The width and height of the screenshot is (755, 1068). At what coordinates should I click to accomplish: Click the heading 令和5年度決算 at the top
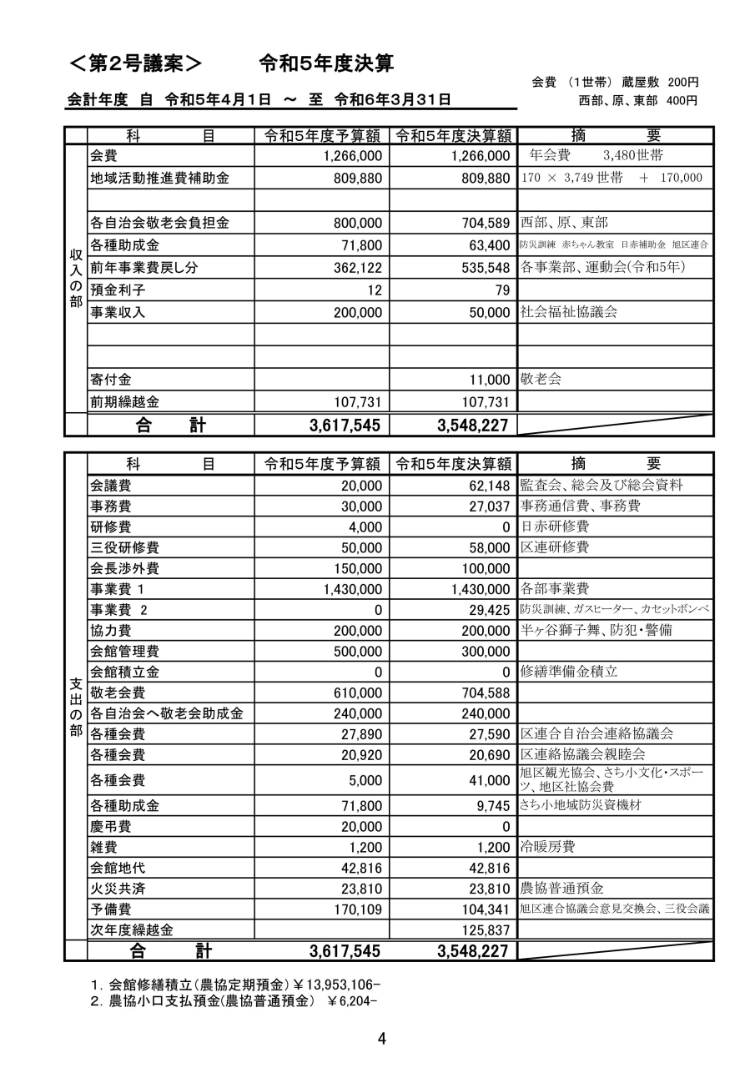(326, 63)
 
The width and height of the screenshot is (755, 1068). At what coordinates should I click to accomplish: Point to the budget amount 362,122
(354, 268)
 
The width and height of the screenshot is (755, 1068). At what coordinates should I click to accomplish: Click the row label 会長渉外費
(124, 569)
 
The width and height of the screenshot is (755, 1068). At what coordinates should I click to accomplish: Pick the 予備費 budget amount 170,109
(354, 909)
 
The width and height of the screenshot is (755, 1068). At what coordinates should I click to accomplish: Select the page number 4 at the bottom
(381, 1039)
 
